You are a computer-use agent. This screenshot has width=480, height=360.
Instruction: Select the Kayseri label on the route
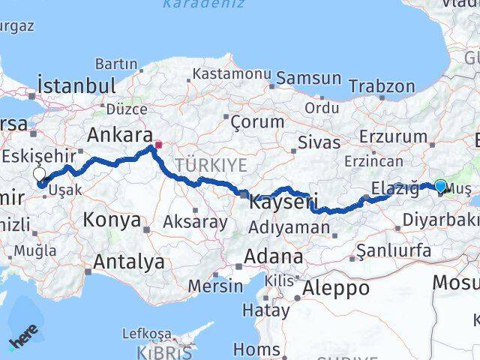[283, 202]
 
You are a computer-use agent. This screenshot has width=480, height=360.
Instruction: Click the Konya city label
[112, 220]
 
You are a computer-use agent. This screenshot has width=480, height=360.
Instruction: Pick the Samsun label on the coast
[308, 77]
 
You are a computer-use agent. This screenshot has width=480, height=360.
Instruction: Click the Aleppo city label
[335, 287]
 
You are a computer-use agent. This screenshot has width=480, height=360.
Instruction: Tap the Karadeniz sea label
[193, 4]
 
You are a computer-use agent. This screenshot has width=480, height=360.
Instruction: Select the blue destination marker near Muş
[439, 186]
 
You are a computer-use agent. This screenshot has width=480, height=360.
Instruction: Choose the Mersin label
[215, 285]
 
